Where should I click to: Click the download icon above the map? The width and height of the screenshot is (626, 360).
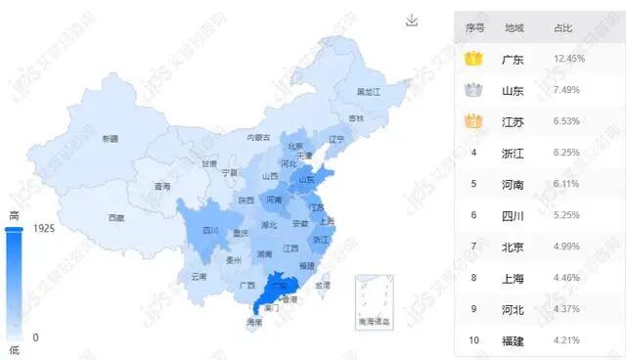pyautogui.click(x=412, y=21)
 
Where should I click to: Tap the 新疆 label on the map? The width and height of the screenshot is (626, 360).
pyautogui.click(x=110, y=139)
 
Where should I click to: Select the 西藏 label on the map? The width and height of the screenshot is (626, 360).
pyautogui.click(x=116, y=217)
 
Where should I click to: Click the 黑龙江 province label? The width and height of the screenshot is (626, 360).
pyautogui.click(x=368, y=91)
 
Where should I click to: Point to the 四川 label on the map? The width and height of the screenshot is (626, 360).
pyautogui.click(x=210, y=231)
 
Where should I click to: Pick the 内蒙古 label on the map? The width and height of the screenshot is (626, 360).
pyautogui.click(x=257, y=138)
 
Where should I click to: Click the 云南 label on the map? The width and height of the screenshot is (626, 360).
pyautogui.click(x=199, y=277)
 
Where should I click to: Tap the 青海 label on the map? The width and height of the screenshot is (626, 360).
pyautogui.click(x=162, y=186)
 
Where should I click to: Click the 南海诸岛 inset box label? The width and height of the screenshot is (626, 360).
pyautogui.click(x=374, y=322)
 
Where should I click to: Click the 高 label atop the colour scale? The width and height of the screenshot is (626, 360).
pyautogui.click(x=14, y=215)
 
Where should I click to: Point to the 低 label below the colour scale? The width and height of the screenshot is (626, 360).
pyautogui.click(x=14, y=349)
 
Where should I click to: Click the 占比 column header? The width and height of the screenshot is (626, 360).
pyautogui.click(x=563, y=28)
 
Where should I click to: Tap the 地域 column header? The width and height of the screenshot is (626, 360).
pyautogui.click(x=514, y=28)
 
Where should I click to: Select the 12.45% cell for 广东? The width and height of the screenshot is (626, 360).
pyautogui.click(x=568, y=60)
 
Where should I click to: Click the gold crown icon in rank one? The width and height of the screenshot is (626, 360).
pyautogui.click(x=474, y=59)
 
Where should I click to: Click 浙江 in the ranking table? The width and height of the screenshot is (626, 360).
pyautogui.click(x=513, y=154)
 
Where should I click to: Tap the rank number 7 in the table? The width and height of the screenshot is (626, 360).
pyautogui.click(x=474, y=247)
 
